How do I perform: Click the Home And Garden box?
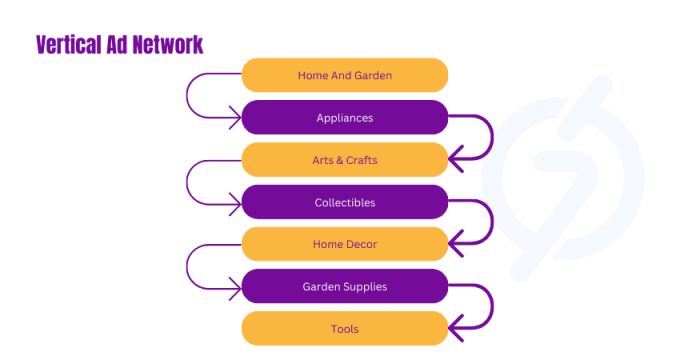tap(345, 75)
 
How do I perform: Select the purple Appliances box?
tap(345, 118)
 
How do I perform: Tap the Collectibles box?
tap(345, 202)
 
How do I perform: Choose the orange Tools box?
tap(345, 329)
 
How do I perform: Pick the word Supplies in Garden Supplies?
tap(366, 287)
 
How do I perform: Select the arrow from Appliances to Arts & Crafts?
tap(490, 138)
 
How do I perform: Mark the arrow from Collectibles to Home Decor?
tap(490, 223)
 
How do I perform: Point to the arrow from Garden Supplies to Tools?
tap(490, 308)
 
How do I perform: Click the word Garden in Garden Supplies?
tap(322, 287)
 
